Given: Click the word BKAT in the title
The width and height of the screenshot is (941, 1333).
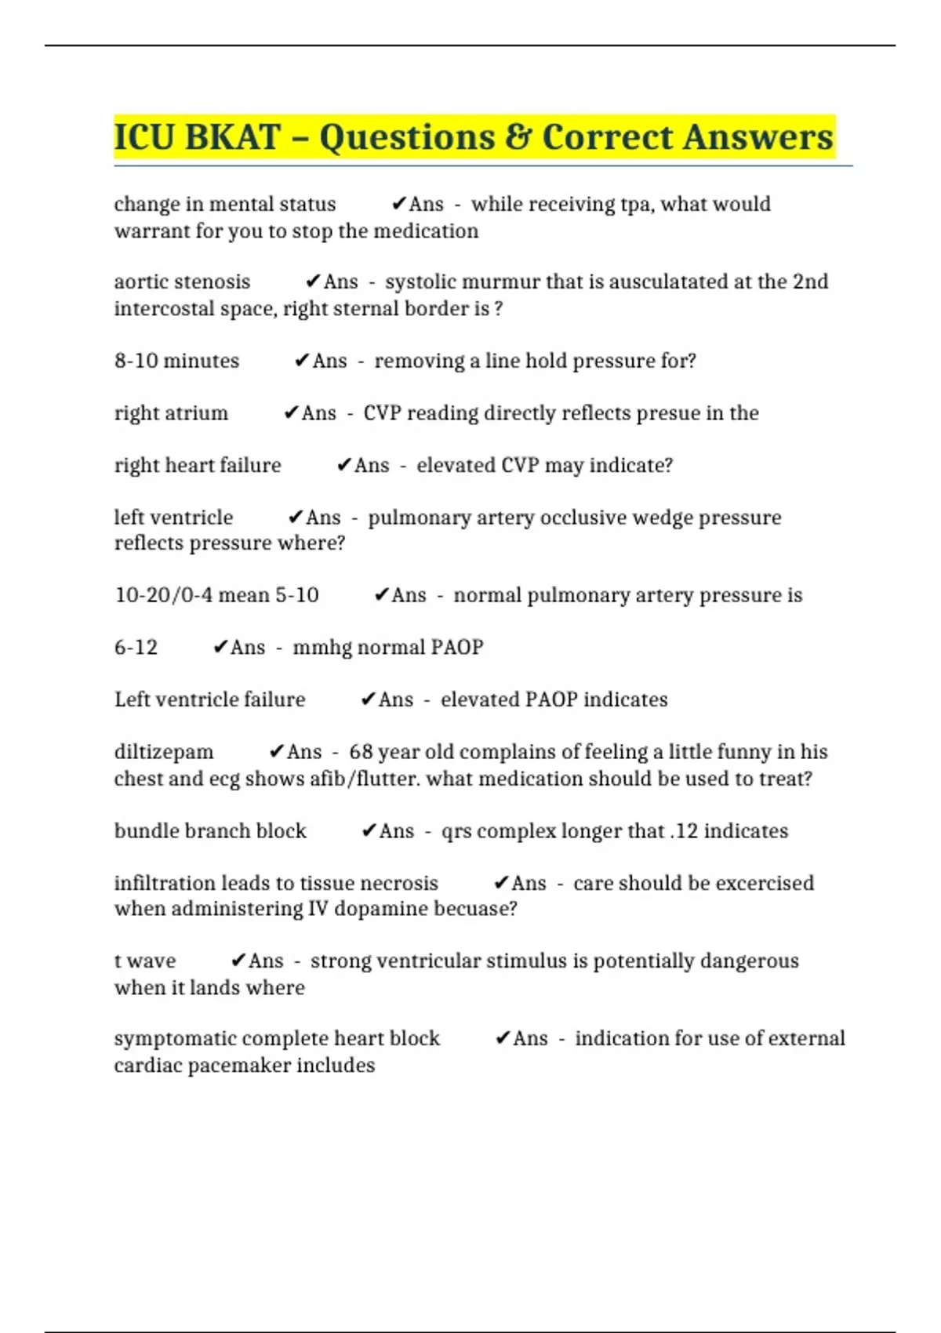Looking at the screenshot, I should pos(233,137).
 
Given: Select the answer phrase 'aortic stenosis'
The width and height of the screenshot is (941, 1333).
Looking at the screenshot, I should pos(182,281).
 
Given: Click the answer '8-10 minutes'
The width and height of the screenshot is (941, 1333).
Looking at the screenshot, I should pos(176,361).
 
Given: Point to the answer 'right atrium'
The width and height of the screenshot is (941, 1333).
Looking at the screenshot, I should pos(171,413).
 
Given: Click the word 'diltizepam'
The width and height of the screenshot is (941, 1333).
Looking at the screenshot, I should pos(163,752).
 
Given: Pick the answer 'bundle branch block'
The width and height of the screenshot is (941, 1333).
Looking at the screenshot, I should pos(210,831).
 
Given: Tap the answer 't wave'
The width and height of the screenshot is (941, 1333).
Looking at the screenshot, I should pos(145,961).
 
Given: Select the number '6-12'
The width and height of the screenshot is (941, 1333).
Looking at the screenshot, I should pos(136,648).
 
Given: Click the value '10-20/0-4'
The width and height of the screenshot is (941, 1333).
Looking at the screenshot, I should pos(163,595).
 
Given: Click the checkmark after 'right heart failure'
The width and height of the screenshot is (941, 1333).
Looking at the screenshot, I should pos(343,466).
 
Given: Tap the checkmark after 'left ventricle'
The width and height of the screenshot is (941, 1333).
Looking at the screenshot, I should pos(296,518).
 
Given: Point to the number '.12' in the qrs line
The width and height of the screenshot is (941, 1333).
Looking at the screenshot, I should pos(684,831).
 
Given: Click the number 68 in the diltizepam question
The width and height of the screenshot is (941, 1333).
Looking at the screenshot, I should pos(361,752).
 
